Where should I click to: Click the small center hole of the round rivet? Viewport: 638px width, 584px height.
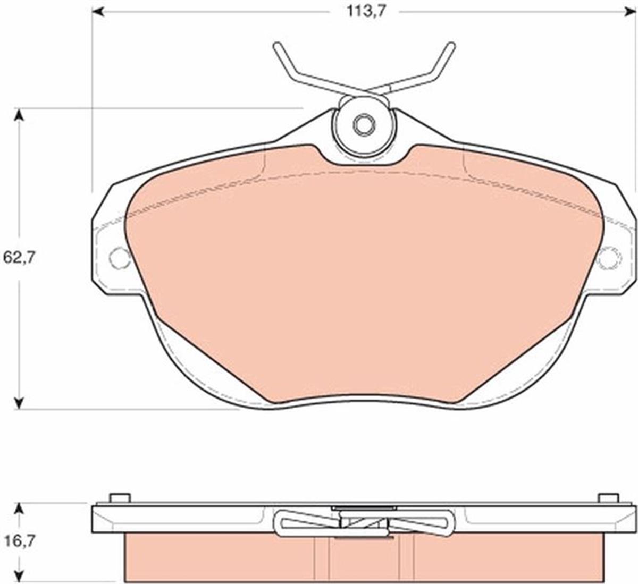pyautogui.click(x=364, y=125)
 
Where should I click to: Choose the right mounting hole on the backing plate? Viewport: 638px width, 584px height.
pyautogui.click(x=609, y=258)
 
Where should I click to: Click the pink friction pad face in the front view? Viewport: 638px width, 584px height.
pyautogui.click(x=364, y=276)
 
